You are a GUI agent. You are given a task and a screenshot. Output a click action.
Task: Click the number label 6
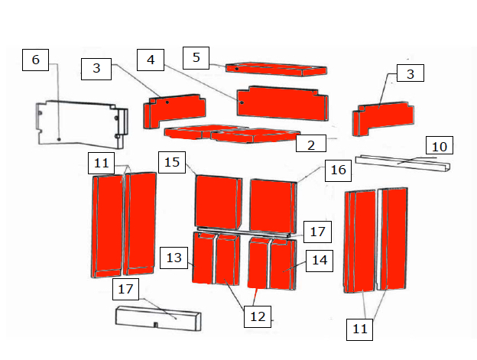pos(36,60)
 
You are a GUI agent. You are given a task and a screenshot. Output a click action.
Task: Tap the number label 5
pos(196,58)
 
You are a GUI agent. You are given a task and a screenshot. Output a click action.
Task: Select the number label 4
pos(151,60)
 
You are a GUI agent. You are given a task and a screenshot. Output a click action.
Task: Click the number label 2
pos(311,144)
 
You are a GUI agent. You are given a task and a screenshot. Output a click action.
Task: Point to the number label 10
pos(440,145)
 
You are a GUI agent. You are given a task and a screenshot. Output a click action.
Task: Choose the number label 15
pos(172,162)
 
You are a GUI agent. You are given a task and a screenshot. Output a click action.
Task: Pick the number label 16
pos(339,170)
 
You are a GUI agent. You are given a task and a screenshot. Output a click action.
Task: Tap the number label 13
pos(174,258)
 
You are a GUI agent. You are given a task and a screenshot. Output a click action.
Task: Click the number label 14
pos(320,261)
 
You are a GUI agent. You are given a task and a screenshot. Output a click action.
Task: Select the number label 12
pos(258,316)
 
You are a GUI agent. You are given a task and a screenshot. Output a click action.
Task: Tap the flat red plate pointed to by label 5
pos(276,70)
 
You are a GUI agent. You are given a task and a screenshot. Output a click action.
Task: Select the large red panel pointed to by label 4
pos(283,103)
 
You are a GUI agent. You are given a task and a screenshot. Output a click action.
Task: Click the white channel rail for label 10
pos(403,164)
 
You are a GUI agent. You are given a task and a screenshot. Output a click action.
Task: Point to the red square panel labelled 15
pos(219,203)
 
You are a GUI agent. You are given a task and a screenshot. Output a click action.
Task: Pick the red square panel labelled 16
pos(273,206)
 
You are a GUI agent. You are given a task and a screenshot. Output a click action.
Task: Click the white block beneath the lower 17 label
pos(158,319)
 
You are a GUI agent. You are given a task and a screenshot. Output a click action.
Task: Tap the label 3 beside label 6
pos(96,69)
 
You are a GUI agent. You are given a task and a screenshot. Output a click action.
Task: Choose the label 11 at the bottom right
pos(359,329)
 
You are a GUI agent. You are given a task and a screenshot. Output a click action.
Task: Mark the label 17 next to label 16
pos(317,232)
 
